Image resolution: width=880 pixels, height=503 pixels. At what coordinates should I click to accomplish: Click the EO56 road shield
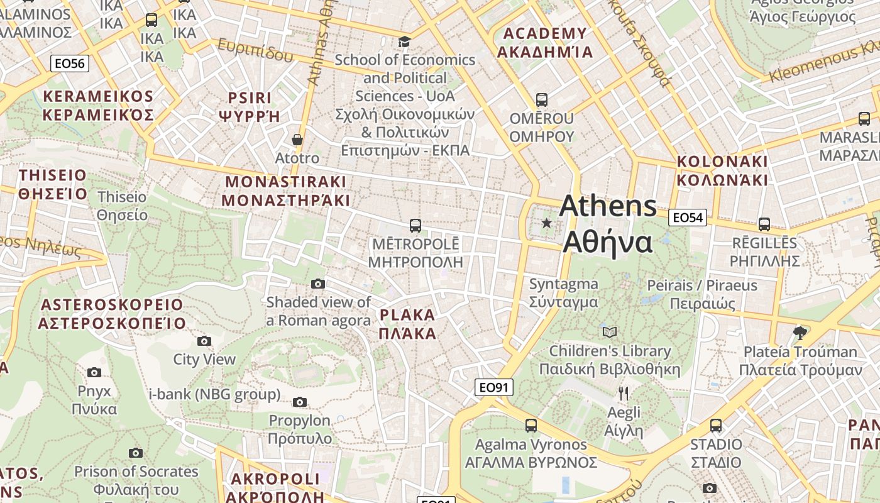click(70, 63)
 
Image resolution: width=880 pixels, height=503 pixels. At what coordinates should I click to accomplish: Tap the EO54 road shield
click(687, 218)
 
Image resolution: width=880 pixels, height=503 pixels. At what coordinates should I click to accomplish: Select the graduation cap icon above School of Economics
click(404, 41)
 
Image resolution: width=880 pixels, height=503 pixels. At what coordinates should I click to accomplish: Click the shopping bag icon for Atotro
click(297, 140)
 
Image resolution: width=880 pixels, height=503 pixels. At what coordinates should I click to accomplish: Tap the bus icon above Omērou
click(541, 100)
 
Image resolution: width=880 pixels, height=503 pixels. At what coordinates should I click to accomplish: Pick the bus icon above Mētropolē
click(415, 225)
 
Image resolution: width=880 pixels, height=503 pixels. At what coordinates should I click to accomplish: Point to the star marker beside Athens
click(547, 223)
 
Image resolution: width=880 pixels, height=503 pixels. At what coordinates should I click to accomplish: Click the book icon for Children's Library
click(609, 332)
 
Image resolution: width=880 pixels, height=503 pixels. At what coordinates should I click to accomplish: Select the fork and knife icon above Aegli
click(623, 394)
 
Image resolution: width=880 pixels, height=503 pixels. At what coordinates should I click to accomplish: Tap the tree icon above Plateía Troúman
click(800, 333)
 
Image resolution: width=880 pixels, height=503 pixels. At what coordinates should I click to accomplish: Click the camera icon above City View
click(204, 341)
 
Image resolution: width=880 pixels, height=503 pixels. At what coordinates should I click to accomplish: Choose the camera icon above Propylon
click(300, 402)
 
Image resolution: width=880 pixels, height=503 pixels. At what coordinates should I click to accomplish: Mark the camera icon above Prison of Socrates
click(135, 453)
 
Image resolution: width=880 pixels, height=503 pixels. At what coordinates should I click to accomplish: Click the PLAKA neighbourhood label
click(407, 324)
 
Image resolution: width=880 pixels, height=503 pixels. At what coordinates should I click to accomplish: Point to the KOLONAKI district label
click(722, 170)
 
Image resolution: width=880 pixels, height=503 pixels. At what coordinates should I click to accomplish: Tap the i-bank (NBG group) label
click(214, 394)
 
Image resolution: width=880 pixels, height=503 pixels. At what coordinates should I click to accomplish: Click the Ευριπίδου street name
click(256, 50)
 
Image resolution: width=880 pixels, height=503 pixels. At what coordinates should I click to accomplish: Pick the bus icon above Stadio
click(715, 426)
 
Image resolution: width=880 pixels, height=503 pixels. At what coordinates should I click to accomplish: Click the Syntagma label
click(563, 292)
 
